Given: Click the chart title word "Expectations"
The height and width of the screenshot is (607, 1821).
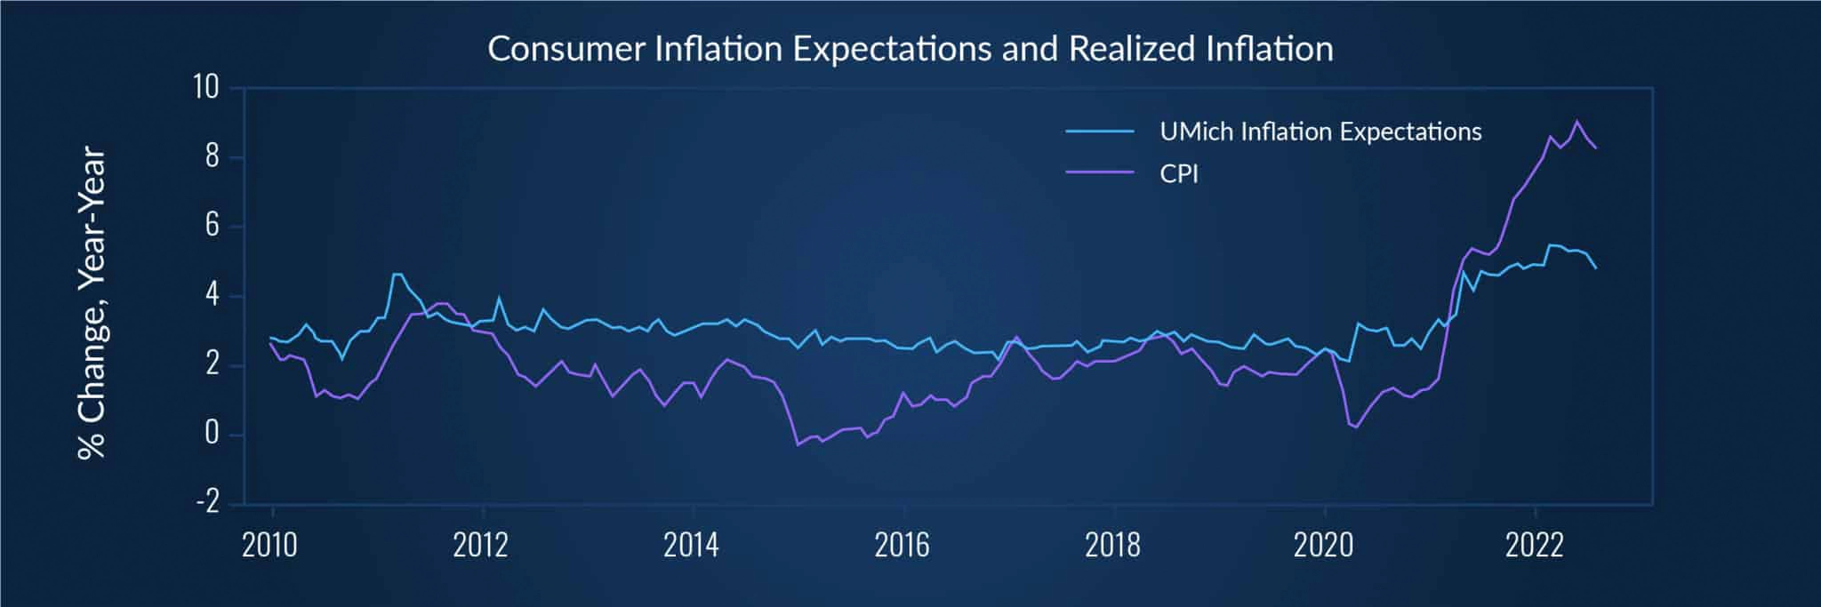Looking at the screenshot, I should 892,49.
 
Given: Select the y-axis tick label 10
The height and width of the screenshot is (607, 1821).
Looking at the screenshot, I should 205,88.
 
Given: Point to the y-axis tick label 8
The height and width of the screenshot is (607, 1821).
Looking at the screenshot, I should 212,157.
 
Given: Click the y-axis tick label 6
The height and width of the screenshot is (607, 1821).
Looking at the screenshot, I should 212,226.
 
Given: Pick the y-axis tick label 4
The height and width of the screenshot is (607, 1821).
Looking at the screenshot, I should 212,295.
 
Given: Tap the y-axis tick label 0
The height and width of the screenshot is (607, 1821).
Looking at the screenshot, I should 212,434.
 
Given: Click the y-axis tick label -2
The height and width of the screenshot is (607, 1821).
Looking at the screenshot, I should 207,503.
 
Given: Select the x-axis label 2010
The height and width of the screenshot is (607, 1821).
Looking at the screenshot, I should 270,545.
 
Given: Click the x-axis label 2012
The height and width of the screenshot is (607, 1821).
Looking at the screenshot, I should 481,545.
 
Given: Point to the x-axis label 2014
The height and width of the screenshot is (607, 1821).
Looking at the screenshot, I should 691,545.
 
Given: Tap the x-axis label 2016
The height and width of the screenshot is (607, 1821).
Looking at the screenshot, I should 902,545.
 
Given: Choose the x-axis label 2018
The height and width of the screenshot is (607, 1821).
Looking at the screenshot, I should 1112,545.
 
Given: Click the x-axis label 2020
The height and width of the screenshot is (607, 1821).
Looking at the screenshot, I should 1323,545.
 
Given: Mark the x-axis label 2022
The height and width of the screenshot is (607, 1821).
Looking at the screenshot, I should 1534,545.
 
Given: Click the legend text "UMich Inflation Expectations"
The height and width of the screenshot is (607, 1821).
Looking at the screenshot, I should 1320,132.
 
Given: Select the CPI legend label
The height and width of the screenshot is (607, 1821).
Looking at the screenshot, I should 1179,173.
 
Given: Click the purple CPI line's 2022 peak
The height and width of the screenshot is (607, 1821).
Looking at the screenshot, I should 1576,121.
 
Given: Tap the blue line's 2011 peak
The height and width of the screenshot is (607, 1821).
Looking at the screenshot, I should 397,274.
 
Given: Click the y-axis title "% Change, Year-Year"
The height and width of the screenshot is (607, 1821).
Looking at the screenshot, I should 92,303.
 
